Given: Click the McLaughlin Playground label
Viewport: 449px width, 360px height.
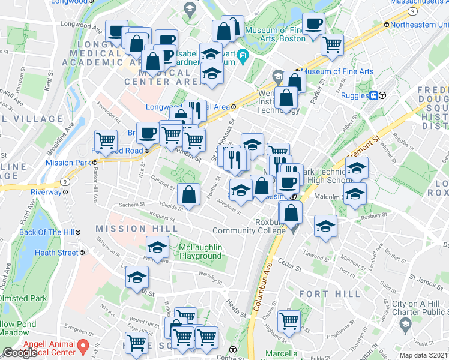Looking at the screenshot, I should pos(200,251).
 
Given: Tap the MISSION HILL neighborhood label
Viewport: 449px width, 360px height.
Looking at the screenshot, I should pos(136,228).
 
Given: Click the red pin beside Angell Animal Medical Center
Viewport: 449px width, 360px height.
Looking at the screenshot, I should pos(84,346).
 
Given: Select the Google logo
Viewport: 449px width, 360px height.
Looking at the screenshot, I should pos(20,353).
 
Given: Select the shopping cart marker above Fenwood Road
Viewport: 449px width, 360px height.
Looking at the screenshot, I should pos(107,141).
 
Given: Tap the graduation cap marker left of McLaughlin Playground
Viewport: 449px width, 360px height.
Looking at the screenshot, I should pos(157,247).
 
